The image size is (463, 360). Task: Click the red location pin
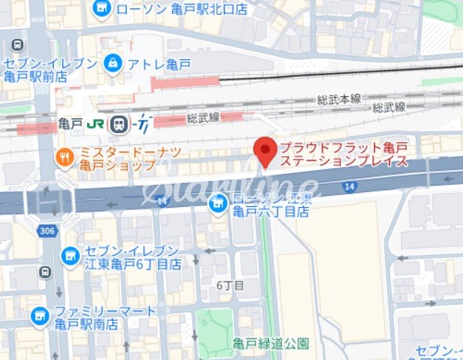click(x=265, y=151)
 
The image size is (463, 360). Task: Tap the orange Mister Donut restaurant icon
click(x=66, y=157)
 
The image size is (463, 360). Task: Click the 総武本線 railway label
click(x=338, y=99)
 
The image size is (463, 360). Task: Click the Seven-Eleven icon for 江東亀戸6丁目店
click(x=70, y=256)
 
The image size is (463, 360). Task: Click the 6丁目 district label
click(x=230, y=285)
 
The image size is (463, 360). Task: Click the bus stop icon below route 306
click(x=46, y=272)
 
